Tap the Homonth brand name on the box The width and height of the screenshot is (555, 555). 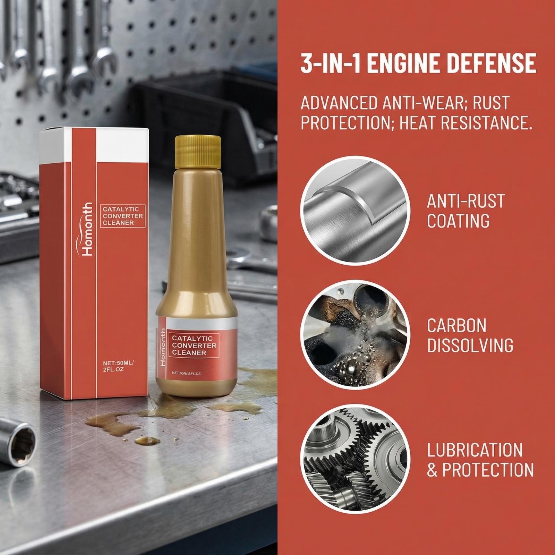point(87,229)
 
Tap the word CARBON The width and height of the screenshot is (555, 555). point(456,326)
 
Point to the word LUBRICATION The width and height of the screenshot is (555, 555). point(475,450)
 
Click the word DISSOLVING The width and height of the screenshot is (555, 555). point(470,345)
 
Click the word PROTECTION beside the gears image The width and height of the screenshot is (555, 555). point(487,470)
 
